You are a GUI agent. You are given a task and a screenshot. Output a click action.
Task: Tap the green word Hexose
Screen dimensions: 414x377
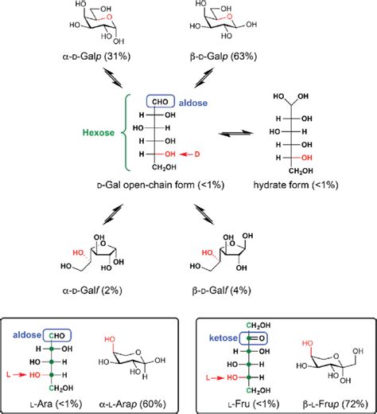[100, 133]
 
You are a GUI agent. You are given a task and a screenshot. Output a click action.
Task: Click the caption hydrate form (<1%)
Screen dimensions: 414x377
[293, 183]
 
